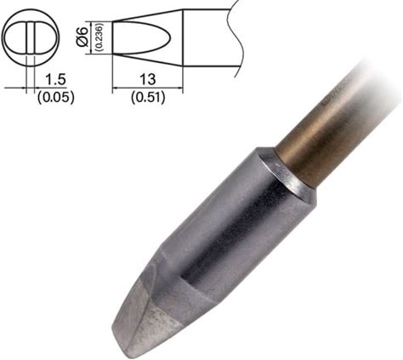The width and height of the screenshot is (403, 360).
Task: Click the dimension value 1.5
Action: pos(55,79)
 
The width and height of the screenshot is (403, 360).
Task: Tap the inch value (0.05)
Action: pos(56,98)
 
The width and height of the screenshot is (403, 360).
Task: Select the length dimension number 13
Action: pos(148,79)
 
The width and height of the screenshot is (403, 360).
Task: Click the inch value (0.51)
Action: pos(148,98)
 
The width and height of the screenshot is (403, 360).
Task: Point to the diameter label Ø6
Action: pos(82,37)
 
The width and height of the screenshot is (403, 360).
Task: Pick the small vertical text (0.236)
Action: pos(99,37)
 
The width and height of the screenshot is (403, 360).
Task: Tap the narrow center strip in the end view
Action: pos(31,37)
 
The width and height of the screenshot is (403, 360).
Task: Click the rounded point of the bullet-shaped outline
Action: pos(170,38)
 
